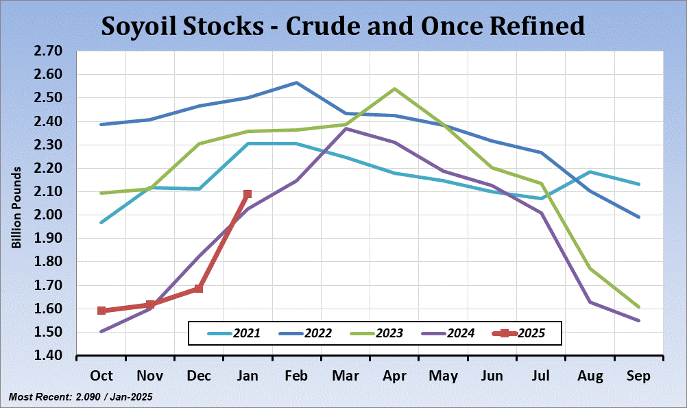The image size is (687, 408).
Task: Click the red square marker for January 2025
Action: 248,194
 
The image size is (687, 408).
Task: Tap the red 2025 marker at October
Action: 101,311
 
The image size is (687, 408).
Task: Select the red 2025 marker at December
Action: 199,289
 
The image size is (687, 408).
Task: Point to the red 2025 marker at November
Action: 150,304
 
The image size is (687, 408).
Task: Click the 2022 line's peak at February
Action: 296,82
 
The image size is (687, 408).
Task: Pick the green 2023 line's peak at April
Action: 394,88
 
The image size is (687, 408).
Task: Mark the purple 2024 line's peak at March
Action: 346,128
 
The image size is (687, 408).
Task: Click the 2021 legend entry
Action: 233,333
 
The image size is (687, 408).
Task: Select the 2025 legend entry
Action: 518,333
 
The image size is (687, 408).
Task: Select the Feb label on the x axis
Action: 296,376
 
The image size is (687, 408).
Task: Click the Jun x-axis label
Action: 492,376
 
